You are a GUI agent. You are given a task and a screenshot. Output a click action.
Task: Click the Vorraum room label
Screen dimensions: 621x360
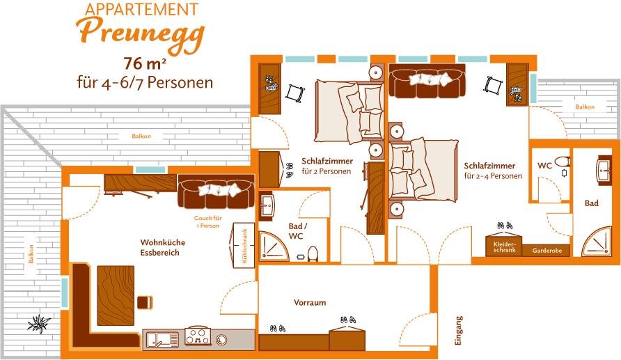310,303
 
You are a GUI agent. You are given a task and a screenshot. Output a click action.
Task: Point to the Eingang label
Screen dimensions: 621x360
458,331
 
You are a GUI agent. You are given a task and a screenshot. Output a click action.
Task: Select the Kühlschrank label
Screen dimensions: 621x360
244,246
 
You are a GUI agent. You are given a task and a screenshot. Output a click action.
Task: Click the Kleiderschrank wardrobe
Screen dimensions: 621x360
504,246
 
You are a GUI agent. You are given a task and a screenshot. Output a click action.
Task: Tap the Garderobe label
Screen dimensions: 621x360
547,251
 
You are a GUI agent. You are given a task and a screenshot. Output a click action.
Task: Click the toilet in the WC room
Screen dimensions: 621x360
563,162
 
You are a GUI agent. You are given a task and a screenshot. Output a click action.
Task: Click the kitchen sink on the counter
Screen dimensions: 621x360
163,339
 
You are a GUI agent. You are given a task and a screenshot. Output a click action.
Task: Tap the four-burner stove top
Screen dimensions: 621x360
198,336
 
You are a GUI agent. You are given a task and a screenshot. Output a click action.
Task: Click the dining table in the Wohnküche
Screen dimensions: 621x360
116,295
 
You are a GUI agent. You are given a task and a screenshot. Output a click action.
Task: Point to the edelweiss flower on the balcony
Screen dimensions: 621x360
39,324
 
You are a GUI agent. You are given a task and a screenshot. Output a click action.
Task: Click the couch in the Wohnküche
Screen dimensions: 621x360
217,191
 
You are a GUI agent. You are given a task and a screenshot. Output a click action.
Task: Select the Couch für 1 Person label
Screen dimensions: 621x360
207,222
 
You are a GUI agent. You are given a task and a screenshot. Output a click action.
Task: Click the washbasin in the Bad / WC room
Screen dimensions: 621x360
267,206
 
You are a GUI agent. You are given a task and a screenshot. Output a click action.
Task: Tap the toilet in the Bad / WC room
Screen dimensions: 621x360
313,254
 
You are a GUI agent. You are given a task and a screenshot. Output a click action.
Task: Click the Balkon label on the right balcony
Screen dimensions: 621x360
585,107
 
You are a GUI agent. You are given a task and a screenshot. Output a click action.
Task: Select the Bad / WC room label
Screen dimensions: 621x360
297,231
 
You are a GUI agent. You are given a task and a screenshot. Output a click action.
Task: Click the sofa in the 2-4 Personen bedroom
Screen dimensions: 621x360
427,81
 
